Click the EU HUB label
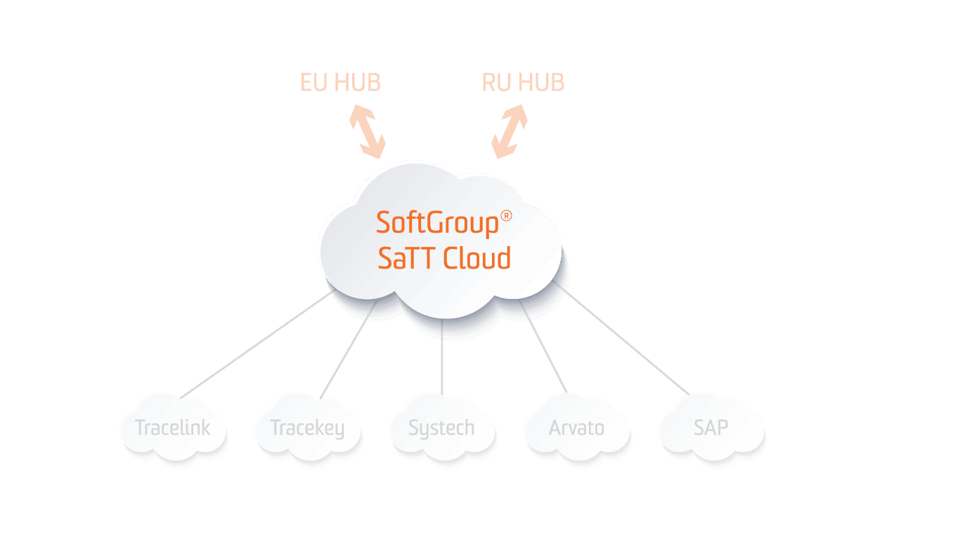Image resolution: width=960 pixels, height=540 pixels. [340, 83]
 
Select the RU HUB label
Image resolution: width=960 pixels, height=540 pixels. [523, 83]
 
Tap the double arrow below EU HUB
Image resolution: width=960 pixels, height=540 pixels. [368, 131]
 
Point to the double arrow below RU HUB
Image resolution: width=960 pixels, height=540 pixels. [510, 131]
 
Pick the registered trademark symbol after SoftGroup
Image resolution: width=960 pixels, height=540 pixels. [506, 216]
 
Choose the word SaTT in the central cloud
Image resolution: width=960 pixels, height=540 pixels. [407, 259]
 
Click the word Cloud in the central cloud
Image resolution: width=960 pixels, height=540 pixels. [477, 259]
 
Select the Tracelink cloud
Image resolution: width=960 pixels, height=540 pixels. [173, 427]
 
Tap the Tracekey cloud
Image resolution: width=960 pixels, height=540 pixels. [307, 427]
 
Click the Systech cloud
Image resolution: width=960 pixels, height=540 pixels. [441, 427]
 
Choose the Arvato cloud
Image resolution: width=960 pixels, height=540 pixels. [576, 427]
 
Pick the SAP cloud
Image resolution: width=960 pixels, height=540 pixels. [711, 427]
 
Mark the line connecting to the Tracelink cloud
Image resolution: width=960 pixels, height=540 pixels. [257, 345]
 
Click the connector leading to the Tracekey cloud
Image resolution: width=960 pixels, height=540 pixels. [344, 359]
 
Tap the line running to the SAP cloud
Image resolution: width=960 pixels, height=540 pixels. [625, 341]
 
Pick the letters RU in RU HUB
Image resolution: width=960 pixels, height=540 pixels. [495, 83]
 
